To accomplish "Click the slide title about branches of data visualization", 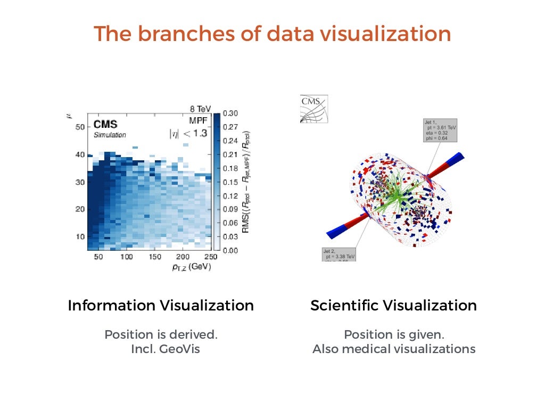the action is click(272, 34).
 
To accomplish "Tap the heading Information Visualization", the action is click(161, 306).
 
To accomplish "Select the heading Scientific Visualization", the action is click(393, 306).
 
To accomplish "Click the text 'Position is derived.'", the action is click(161, 334).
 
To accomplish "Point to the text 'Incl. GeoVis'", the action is click(166, 349).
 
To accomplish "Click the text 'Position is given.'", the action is click(394, 334).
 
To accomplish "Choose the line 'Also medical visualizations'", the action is click(394, 349).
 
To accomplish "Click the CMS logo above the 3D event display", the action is click(314, 109).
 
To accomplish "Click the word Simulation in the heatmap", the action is click(110, 135).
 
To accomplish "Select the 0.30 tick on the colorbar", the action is click(231, 113).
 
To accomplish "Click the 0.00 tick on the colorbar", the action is click(231, 250).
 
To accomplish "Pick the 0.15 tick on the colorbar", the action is click(231, 182).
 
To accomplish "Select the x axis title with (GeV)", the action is click(192, 267).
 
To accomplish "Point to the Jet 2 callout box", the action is click(338, 253).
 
